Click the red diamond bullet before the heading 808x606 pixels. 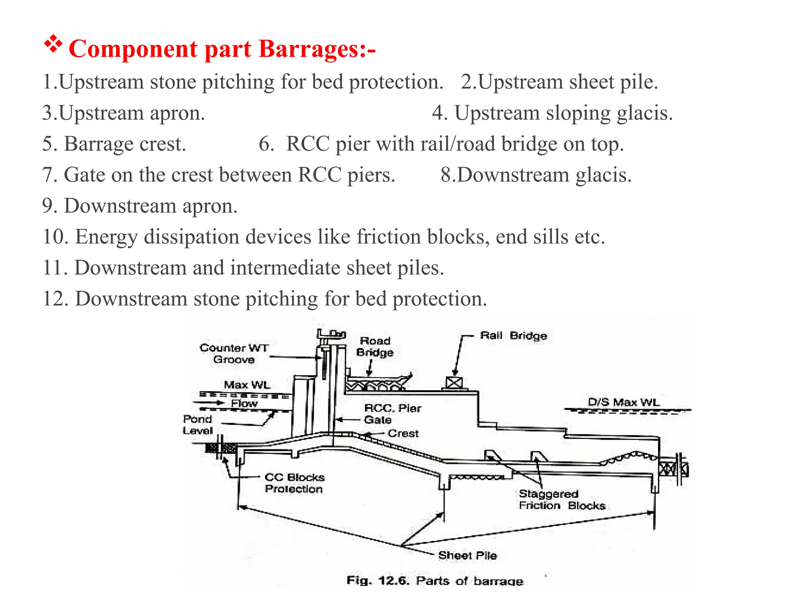(x=53, y=44)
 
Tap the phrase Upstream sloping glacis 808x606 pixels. (x=563, y=113)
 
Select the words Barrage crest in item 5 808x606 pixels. (x=125, y=144)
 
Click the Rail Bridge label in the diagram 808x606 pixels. (x=513, y=336)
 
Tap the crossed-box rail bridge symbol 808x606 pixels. (x=454, y=383)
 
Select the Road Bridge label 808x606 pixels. (x=375, y=347)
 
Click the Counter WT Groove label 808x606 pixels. (x=234, y=353)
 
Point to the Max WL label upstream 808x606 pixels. (x=247, y=385)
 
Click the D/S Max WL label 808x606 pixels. (x=623, y=402)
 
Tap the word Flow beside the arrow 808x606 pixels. (x=244, y=404)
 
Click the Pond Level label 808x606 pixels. (x=198, y=425)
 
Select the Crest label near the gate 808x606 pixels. (x=403, y=434)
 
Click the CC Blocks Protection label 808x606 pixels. (x=294, y=483)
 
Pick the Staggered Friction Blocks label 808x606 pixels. (x=562, y=500)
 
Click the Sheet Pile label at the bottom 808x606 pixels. (x=468, y=555)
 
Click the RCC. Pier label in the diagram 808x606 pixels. (x=393, y=408)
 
